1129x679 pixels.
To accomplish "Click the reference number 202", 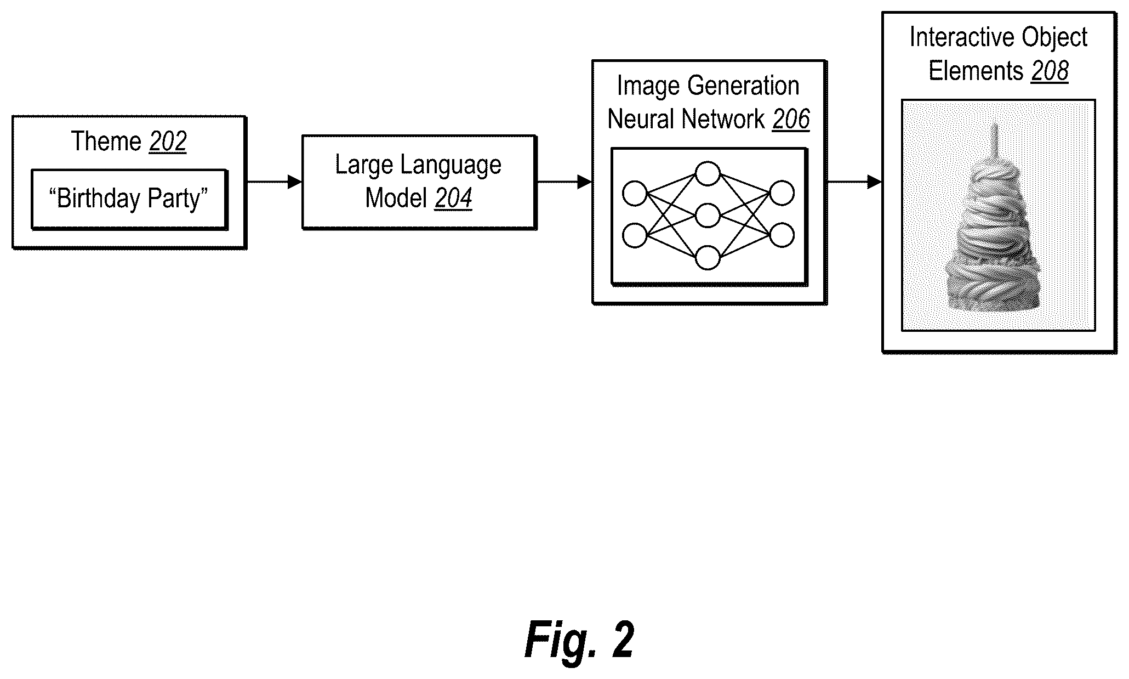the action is point(168,142).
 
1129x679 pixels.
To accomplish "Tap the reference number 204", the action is point(453,198).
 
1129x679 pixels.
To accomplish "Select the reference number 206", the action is point(791,120).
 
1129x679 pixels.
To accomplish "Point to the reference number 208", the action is point(1050,71).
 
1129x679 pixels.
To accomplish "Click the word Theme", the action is point(106,142).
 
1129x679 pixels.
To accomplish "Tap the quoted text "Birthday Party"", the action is point(129,199).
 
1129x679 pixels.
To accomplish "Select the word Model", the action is point(396,198).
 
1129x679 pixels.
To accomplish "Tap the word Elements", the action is point(976,71).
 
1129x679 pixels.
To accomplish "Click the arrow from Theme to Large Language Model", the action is point(275,182).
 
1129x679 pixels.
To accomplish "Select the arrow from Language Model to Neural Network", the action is point(564,182).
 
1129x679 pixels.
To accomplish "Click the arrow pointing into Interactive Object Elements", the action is point(854,182).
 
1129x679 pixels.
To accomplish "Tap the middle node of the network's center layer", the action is point(708,216).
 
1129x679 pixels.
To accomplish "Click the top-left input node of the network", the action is point(635,194).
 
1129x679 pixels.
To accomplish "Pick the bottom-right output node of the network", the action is point(782,236).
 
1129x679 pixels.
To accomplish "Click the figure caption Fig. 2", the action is point(579,640).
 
